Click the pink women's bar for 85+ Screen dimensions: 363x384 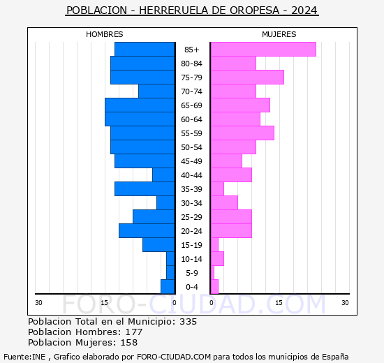(263, 50)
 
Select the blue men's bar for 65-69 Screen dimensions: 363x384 (140, 105)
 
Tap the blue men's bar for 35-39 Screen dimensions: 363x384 (145, 189)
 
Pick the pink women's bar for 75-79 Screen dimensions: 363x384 (247, 77)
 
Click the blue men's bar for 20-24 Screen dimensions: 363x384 (147, 231)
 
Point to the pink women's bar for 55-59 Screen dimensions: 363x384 (242, 133)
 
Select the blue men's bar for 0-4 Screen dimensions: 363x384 (168, 287)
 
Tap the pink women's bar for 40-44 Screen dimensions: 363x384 (231, 175)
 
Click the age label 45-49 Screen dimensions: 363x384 (192, 161)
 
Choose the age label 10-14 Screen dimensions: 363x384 (192, 259)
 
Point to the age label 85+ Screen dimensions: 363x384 (192, 50)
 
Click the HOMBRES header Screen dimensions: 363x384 (105, 34)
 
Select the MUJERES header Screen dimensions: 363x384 (279, 34)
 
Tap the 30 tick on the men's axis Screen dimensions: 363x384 (38, 302)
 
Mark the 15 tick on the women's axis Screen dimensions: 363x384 (279, 302)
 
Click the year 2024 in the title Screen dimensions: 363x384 (304, 10)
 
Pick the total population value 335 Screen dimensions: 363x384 (188, 322)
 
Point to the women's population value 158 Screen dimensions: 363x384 (129, 343)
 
